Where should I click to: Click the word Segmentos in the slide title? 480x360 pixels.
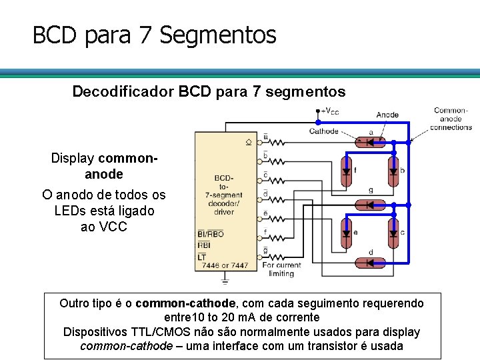coord(218,35)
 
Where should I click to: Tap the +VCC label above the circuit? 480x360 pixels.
coord(330,111)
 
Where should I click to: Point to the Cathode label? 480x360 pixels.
coord(324,131)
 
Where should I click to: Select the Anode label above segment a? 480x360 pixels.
coord(387,115)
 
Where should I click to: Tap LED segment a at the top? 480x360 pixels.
coord(371,142)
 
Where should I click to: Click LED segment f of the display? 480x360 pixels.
coord(346,171)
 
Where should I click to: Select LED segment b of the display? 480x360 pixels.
coord(393,171)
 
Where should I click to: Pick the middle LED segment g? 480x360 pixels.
coord(371,203)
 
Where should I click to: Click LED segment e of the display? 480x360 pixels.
coord(346,233)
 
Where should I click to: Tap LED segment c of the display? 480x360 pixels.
coord(393,233)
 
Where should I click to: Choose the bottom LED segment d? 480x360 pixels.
coord(371,265)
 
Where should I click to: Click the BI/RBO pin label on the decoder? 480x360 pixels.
coord(210,234)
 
